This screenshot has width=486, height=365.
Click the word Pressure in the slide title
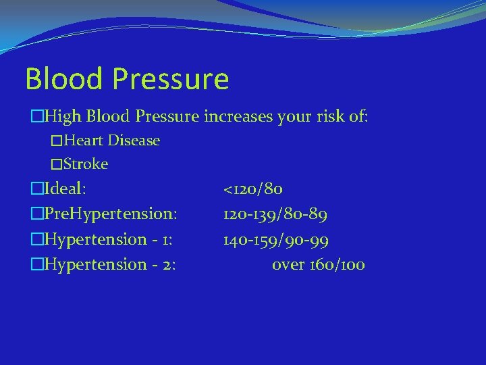pyautogui.click(x=171, y=79)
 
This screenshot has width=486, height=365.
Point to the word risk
pyautogui.click(x=329, y=116)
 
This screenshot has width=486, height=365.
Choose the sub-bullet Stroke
pyautogui.click(x=86, y=164)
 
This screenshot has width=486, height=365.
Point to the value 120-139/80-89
pyautogui.click(x=275, y=214)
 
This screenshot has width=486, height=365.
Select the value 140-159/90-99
pyautogui.click(x=277, y=239)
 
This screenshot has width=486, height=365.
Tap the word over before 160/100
pyautogui.click(x=288, y=265)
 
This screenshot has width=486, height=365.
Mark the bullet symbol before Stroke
pyautogui.click(x=57, y=164)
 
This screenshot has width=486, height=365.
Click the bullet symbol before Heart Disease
pyautogui.click(x=57, y=141)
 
